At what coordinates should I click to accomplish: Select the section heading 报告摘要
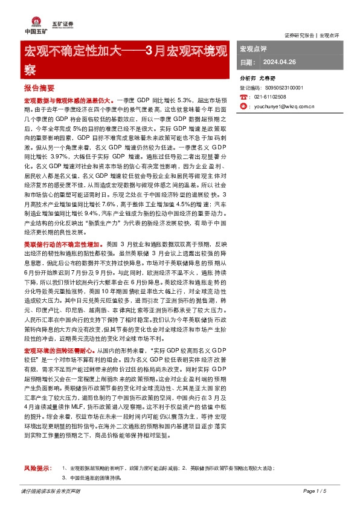(40, 88)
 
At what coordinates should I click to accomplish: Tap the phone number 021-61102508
(271, 97)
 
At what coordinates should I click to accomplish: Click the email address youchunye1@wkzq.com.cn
(284, 106)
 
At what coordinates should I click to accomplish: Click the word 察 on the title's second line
(30, 70)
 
